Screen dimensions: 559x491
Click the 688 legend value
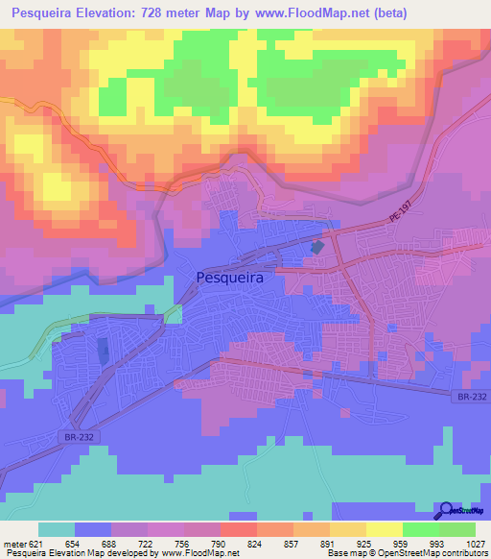coord(111,544)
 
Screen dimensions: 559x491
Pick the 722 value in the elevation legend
coord(148,544)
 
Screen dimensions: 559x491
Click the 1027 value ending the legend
coord(474,544)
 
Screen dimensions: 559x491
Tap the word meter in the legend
coord(14,544)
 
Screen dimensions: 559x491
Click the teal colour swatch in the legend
coord(57,529)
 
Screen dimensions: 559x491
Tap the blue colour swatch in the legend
coord(93,529)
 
